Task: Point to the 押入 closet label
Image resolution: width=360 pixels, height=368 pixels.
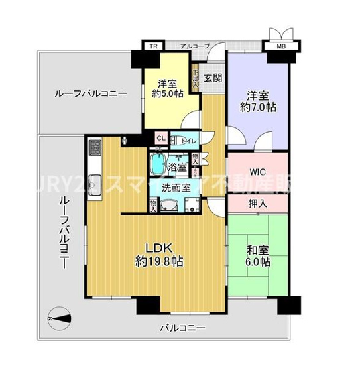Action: click(259, 204)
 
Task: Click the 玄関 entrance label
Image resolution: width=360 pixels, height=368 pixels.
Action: click(213, 77)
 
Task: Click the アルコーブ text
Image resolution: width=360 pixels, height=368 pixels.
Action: click(196, 46)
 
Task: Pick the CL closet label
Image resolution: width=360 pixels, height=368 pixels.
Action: click(160, 139)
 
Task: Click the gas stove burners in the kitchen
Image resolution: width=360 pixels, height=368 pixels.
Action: click(94, 146)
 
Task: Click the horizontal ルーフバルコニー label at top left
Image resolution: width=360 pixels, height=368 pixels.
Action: click(90, 94)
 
